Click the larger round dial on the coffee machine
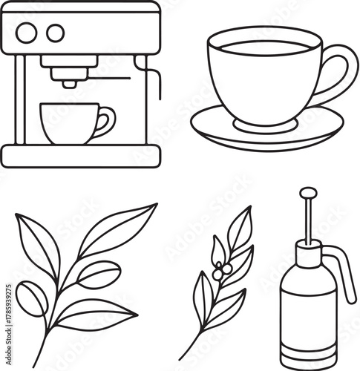point(27,32)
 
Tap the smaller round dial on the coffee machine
point(55,32)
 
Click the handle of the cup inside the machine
point(108,120)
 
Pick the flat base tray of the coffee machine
point(80,155)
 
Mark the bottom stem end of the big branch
point(47,359)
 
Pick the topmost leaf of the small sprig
point(240,227)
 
